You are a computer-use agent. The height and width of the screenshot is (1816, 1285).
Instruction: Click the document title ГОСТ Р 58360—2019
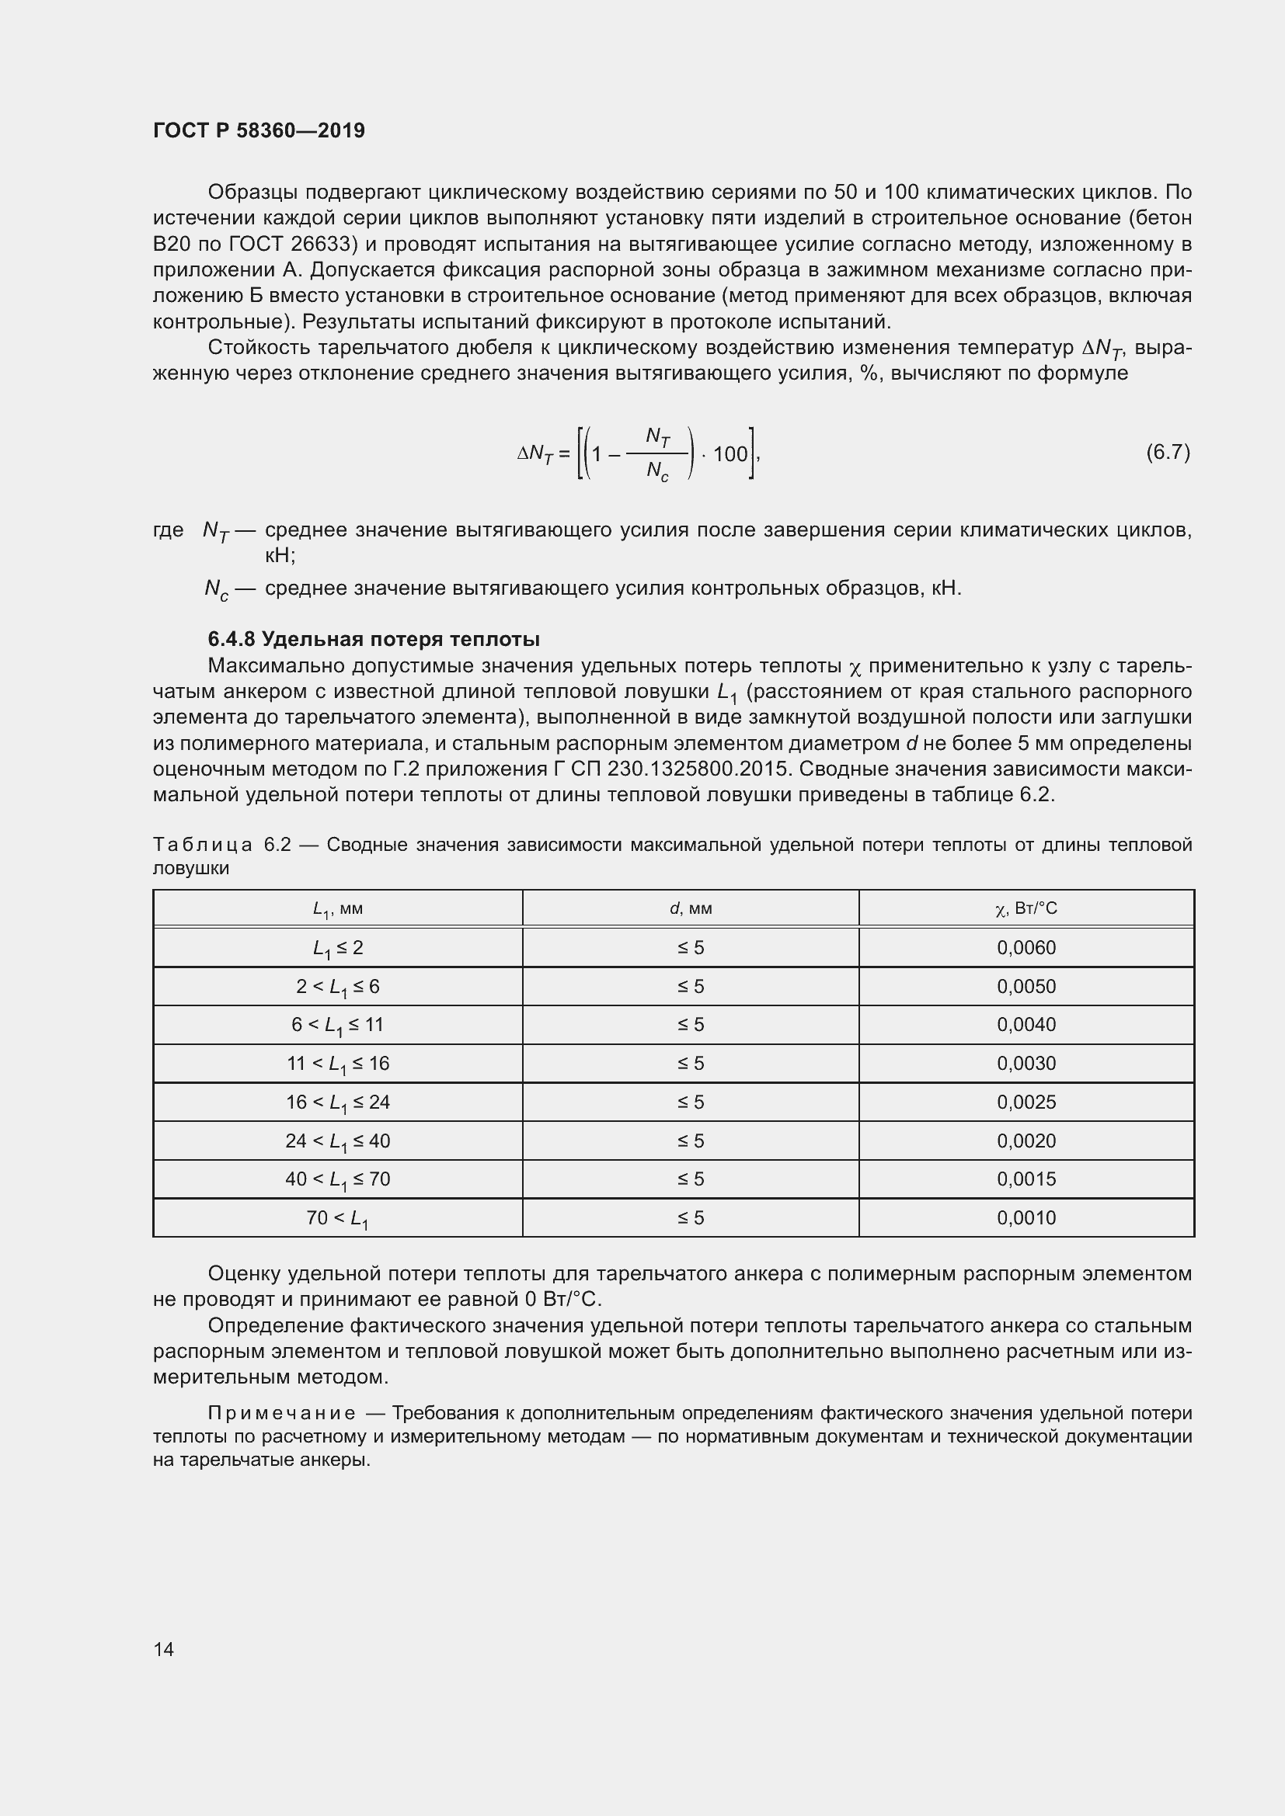tap(259, 130)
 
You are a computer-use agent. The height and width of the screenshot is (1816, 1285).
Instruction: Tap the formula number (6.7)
tap(1168, 453)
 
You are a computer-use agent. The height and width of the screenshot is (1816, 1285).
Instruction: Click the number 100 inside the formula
tap(730, 454)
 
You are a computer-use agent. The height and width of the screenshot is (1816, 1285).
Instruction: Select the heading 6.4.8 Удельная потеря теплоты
tap(374, 638)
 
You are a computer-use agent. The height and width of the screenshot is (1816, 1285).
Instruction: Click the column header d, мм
tap(690, 908)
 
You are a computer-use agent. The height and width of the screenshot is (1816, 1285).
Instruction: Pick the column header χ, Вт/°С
tap(1026, 908)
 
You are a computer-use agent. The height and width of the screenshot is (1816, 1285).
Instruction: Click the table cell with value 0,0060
tap(1026, 947)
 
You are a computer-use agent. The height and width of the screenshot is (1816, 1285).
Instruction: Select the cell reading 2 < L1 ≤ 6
tap(338, 986)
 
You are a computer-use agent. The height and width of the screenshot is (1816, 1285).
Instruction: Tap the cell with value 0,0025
tap(1026, 1102)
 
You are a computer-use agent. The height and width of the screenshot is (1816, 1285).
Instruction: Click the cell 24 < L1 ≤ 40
tap(338, 1141)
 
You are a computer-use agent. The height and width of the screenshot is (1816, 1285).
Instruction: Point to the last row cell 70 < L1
tap(338, 1218)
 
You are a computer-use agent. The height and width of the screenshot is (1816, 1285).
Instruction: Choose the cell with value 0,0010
tap(1026, 1217)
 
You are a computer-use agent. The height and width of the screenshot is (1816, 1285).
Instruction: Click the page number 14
tap(164, 1649)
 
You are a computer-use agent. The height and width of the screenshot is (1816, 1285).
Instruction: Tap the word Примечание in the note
tap(281, 1412)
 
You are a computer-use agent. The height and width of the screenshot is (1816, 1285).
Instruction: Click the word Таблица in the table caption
tap(203, 845)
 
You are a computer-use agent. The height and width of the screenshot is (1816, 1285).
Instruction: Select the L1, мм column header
tap(338, 909)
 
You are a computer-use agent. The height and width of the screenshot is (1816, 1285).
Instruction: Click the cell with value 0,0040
tap(1026, 1024)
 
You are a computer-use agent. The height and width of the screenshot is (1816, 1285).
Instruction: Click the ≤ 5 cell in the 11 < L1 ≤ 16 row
tap(690, 1063)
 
